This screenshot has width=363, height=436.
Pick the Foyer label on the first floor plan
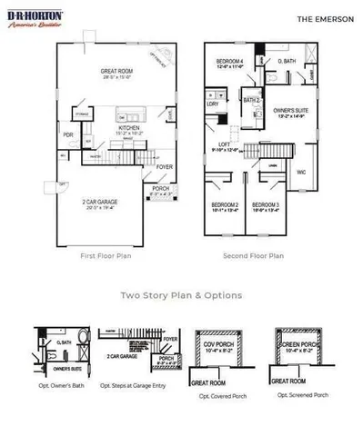click(164, 167)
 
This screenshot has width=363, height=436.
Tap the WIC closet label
click(302, 171)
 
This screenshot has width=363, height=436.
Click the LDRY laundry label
click(213, 104)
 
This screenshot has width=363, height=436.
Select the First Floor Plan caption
click(106, 256)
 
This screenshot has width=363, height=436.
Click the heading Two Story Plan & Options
click(181, 294)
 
